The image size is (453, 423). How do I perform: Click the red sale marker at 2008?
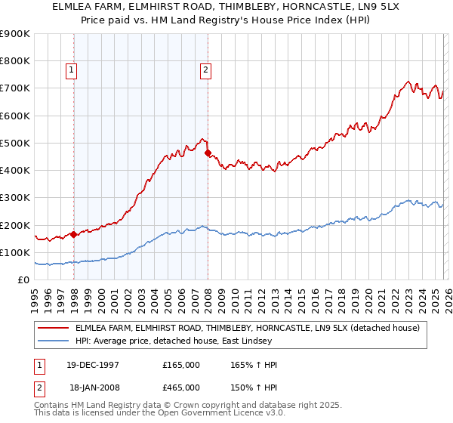click(x=208, y=153)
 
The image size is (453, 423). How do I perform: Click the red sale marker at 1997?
click(x=74, y=234)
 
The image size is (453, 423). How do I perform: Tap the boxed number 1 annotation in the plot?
click(x=72, y=70)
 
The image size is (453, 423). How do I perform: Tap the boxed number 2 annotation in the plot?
click(x=205, y=70)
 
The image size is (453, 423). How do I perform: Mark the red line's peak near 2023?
click(x=408, y=81)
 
